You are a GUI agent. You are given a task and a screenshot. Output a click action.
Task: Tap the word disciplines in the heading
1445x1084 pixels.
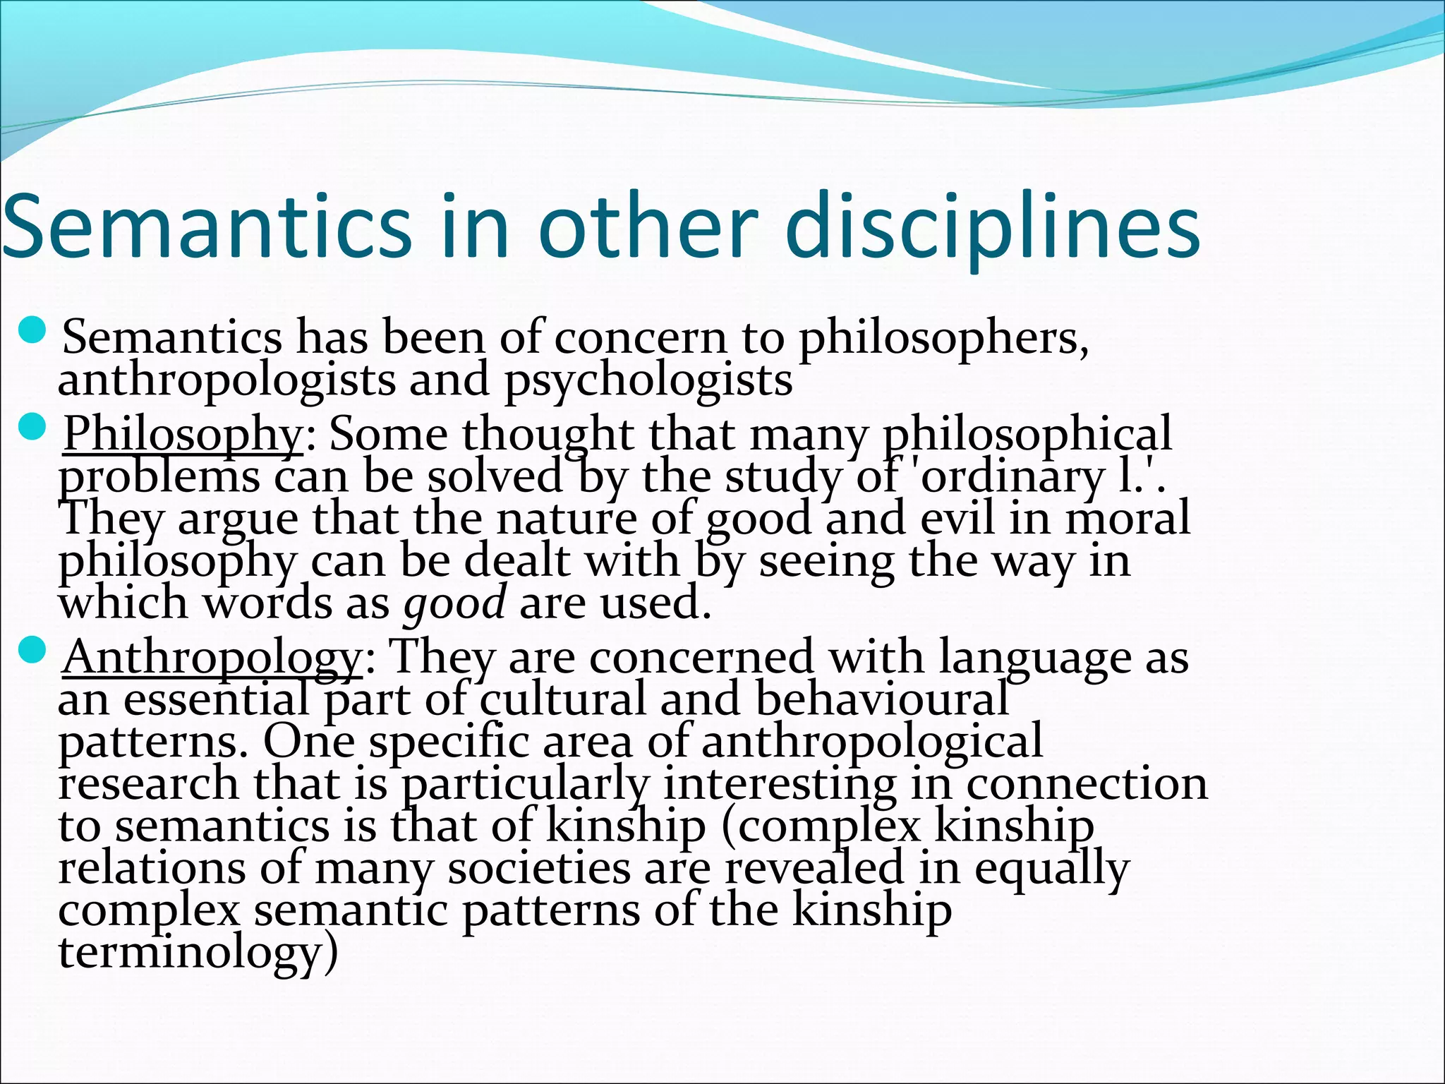[992, 226]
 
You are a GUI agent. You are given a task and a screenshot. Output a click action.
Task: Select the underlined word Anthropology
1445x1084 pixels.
[212, 658]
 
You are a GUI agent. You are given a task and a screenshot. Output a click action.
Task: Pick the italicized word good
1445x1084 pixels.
[454, 603]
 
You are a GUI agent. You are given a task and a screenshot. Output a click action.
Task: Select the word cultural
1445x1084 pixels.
[563, 699]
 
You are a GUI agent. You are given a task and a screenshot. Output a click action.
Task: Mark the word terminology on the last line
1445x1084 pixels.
[191, 953]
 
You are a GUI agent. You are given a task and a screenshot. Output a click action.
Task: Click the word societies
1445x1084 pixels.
[539, 869]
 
